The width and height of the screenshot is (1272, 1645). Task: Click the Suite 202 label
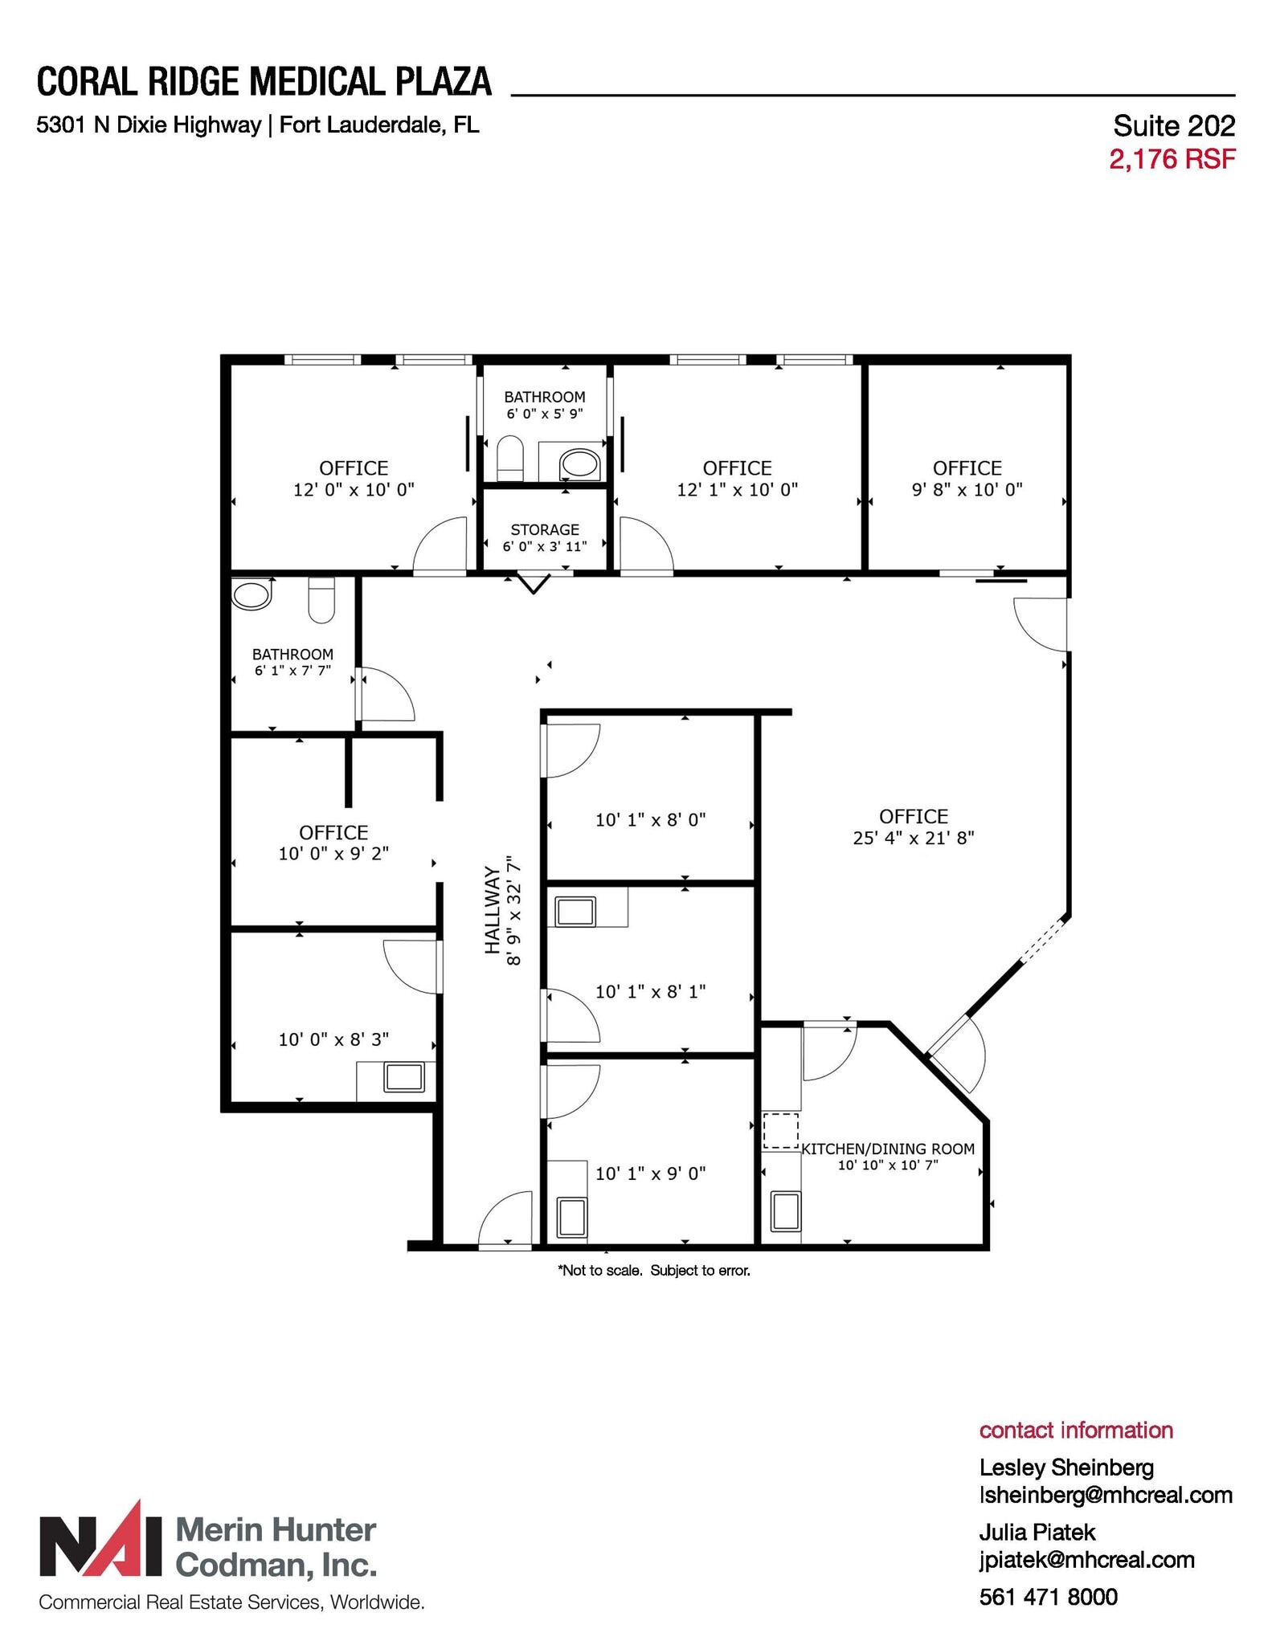pyautogui.click(x=1173, y=125)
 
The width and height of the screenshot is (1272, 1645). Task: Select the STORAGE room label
pyautogui.click(x=545, y=529)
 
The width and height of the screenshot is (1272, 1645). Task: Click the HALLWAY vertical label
pyautogui.click(x=493, y=910)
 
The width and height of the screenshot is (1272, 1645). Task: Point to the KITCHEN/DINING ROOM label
pyautogui.click(x=888, y=1149)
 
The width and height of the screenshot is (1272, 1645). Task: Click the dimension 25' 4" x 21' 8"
pyautogui.click(x=914, y=838)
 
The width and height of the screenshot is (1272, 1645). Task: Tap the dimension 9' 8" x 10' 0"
pyautogui.click(x=967, y=489)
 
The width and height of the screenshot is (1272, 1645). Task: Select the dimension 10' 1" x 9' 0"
pyautogui.click(x=650, y=1174)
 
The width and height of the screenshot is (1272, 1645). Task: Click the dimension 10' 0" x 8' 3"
pyautogui.click(x=333, y=1039)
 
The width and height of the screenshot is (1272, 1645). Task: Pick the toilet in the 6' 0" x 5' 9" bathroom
pyautogui.click(x=510, y=458)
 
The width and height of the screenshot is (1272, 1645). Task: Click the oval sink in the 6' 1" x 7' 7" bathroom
pyautogui.click(x=252, y=595)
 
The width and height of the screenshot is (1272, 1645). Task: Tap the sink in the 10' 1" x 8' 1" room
pyautogui.click(x=575, y=912)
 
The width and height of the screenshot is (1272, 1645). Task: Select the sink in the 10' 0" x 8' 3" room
pyautogui.click(x=404, y=1077)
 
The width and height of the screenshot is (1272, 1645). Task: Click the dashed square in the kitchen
pyautogui.click(x=780, y=1130)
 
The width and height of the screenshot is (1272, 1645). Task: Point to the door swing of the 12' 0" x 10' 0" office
pyautogui.click(x=438, y=546)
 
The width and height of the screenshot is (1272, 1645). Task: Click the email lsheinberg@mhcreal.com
pyautogui.click(x=1106, y=1495)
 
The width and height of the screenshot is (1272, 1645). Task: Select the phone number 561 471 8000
pyautogui.click(x=1048, y=1597)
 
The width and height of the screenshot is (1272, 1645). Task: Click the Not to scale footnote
pyautogui.click(x=653, y=1270)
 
